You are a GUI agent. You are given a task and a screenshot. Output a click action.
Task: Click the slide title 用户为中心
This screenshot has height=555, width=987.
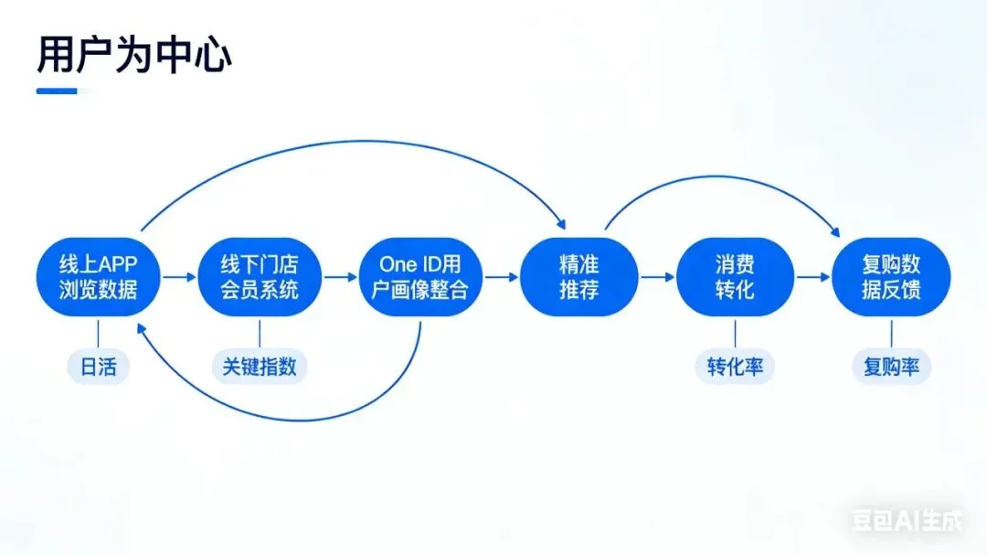[x=133, y=55]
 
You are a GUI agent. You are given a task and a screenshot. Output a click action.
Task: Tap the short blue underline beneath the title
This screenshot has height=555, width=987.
[x=57, y=91]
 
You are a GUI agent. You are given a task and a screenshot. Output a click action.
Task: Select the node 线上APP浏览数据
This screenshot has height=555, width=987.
[x=98, y=277]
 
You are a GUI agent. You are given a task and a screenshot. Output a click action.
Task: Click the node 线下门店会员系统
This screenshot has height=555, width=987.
[x=260, y=277]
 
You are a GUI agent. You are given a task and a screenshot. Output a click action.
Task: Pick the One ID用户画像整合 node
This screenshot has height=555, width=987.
[x=421, y=277]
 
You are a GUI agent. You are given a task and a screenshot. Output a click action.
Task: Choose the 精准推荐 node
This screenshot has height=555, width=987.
[x=578, y=277]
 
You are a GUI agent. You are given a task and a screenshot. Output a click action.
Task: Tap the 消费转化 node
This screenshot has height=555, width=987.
[x=735, y=277]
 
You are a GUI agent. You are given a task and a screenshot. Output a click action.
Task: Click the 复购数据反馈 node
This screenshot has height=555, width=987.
[x=891, y=277]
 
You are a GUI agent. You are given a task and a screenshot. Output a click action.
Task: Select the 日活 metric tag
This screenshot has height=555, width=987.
[x=98, y=368]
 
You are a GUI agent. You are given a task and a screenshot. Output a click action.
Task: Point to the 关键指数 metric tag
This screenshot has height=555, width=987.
[x=260, y=368]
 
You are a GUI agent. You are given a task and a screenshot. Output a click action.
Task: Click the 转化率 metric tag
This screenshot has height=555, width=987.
[x=735, y=368]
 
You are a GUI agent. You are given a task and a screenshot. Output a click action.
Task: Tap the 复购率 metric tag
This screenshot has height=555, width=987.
[x=891, y=368]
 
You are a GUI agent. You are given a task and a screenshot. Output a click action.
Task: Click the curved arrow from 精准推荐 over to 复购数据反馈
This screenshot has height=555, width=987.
[x=722, y=177]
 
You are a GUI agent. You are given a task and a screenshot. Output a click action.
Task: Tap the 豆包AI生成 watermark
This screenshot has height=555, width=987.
[x=907, y=522]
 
